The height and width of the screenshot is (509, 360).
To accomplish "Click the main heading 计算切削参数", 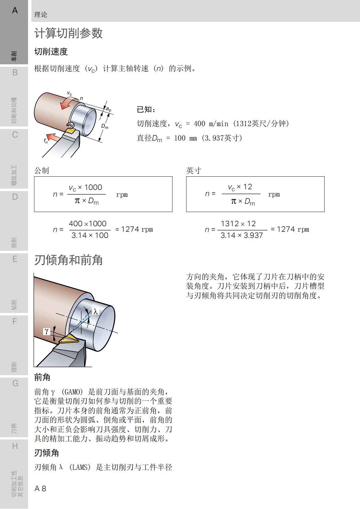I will pos(68,33).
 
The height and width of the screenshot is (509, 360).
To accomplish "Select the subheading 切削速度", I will pos(51,52).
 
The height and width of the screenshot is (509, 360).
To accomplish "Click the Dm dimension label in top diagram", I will pos(105,126).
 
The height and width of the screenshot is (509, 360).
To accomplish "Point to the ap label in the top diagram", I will pos(108,109).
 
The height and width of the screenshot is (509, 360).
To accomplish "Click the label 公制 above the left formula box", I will pos(42,170).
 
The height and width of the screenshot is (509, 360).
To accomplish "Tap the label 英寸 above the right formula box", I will pos(194,170).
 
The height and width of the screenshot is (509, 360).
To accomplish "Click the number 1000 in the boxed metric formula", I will pos(93,187).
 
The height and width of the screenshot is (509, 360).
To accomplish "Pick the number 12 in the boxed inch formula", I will pos(248,187).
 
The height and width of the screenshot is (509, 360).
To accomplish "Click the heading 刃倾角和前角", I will pos(68,260).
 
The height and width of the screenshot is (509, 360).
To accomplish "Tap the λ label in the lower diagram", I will pos(96,312).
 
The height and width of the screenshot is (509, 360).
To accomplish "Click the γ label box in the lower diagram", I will pos(47,331).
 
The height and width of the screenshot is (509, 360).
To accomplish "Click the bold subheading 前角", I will pos(42,377).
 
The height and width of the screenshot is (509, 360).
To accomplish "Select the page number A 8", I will pos(40,488).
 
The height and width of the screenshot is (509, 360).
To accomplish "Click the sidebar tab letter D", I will pos(15,197).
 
